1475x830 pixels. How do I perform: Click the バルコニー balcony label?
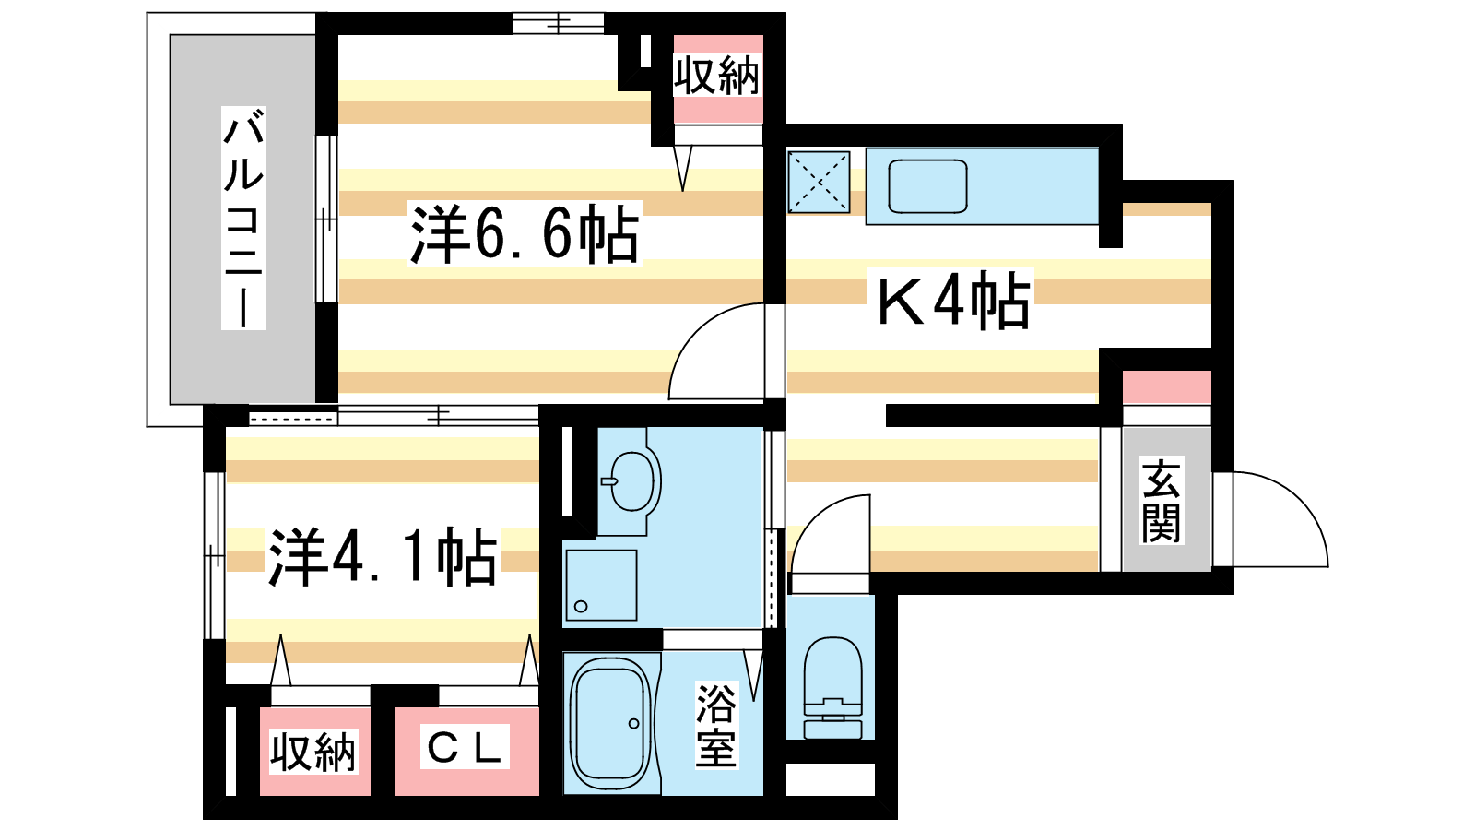(243, 218)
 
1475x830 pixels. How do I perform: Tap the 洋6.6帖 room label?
(525, 234)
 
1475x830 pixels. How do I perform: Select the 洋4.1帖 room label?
(383, 557)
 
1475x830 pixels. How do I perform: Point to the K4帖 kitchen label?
(954, 300)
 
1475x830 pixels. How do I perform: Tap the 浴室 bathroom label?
(716, 725)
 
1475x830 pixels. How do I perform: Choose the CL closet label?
(465, 747)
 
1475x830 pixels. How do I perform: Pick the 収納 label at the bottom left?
(313, 752)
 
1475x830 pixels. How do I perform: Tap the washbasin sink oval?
(632, 481)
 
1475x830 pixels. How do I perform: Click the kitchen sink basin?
(927, 186)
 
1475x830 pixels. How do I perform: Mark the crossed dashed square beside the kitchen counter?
(820, 182)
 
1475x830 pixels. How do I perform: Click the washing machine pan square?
(601, 585)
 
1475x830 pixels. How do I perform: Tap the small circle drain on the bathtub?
(633, 724)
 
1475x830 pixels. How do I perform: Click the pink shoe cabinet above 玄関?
(1167, 387)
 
